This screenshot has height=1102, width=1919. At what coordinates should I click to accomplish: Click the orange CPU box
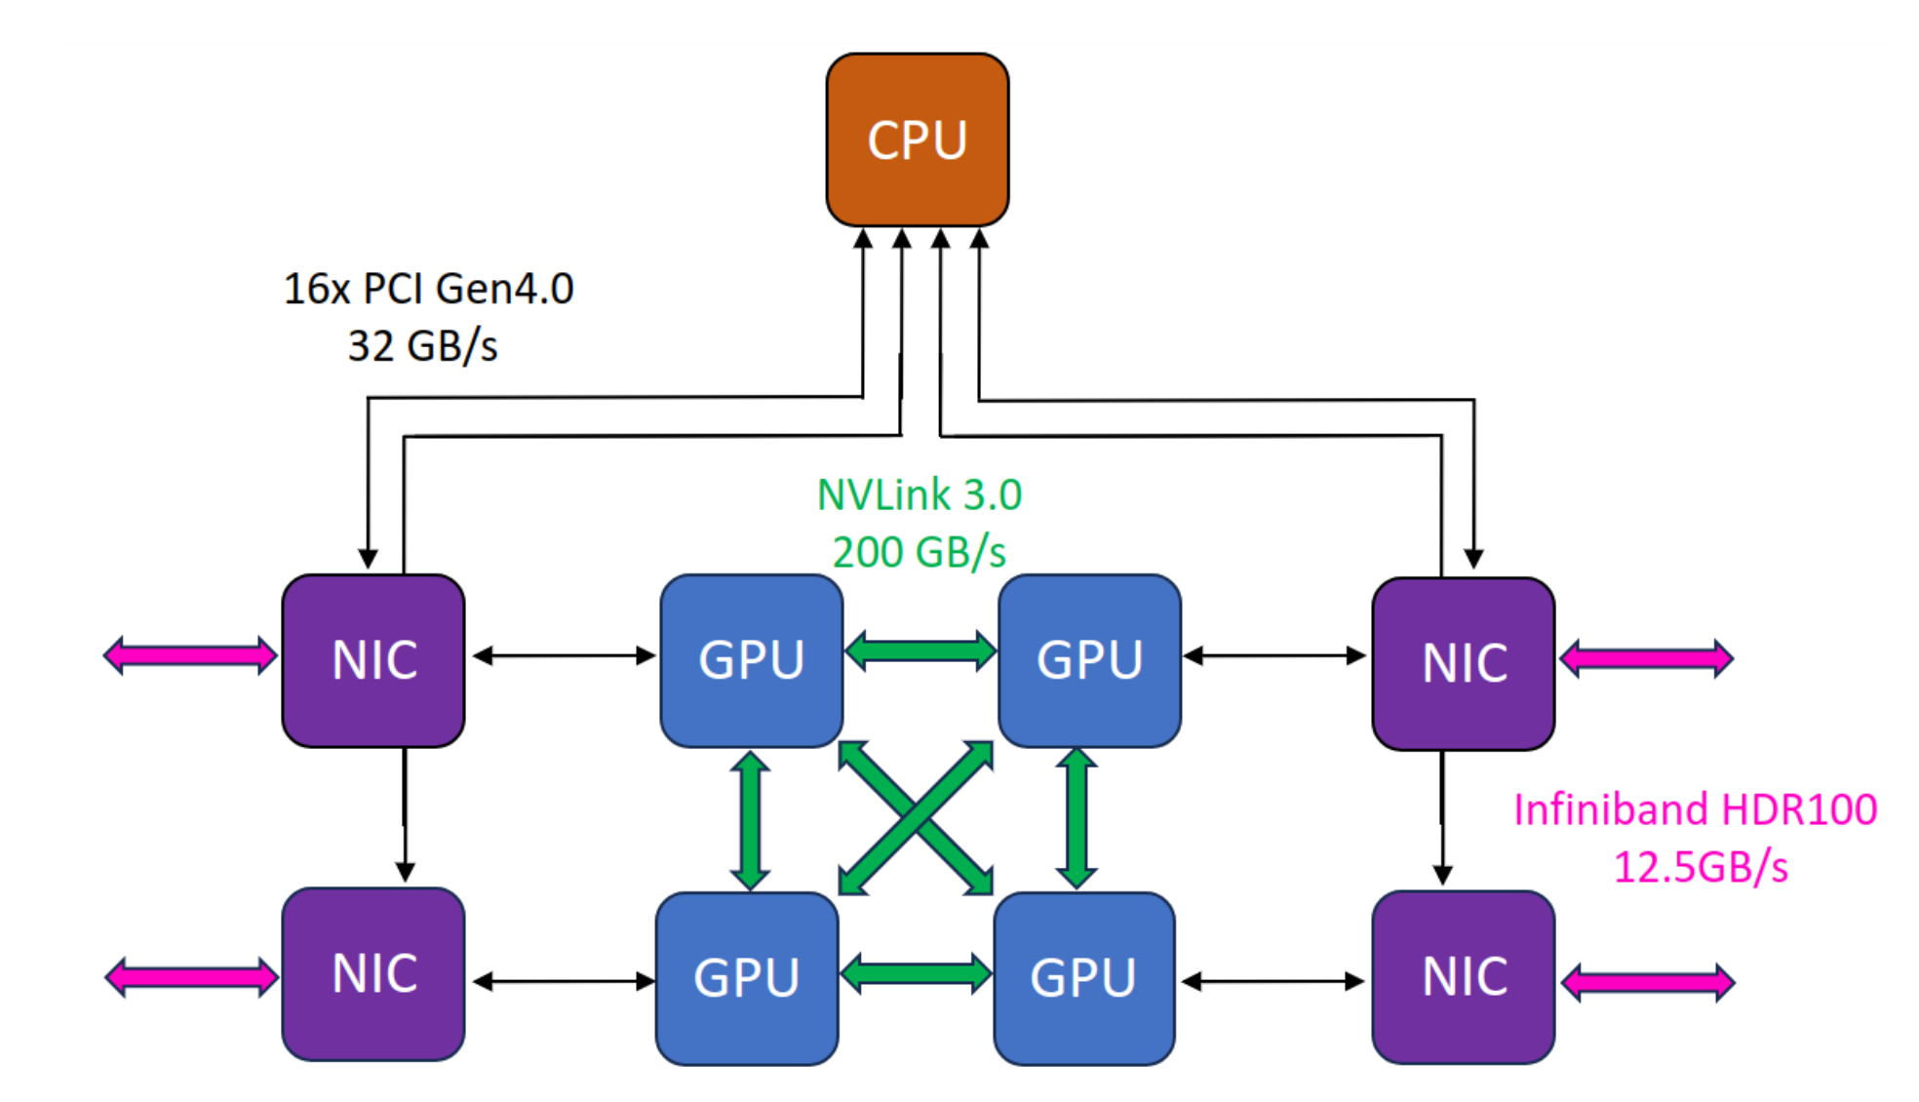[917, 139]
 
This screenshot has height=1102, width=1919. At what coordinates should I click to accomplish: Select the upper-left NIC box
[373, 660]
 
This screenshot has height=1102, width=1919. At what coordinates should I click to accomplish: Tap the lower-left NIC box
[373, 973]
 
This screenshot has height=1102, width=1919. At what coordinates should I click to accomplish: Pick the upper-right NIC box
[1463, 663]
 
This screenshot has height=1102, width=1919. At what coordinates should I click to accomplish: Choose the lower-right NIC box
[1463, 976]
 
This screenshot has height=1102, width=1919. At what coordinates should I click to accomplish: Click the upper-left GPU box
[751, 660]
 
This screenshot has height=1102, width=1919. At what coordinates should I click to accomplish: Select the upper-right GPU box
[1089, 660]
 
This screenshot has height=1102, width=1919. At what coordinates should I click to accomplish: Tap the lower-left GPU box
[747, 977]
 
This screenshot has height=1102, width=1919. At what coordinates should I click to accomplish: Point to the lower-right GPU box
[1083, 977]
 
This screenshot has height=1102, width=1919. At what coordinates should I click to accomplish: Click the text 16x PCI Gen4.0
[428, 289]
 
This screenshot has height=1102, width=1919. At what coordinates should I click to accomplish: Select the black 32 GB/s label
[422, 346]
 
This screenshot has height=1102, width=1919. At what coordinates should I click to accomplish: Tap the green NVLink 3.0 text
[919, 494]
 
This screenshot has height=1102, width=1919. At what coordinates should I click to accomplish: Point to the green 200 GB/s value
[919, 552]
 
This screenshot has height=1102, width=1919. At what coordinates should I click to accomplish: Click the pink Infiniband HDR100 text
[1695, 809]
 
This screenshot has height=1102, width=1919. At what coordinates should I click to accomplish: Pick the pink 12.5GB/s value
[1701, 867]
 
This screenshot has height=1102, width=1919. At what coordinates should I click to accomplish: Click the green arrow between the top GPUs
[920, 650]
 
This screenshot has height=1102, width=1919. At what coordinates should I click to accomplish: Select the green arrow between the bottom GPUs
[916, 973]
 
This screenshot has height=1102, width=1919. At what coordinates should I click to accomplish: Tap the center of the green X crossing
[916, 817]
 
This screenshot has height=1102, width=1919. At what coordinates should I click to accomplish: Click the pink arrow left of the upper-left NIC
[190, 655]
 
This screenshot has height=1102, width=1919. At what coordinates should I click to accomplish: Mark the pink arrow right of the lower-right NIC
[1648, 982]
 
